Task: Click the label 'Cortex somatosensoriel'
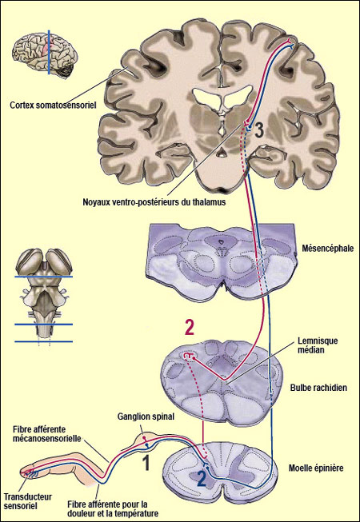53,106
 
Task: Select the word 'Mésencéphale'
322,248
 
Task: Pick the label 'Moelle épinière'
316,468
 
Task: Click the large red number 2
189,329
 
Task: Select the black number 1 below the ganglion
146,463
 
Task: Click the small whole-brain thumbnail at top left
45,54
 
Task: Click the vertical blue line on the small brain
49,52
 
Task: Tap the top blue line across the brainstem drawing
44,277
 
